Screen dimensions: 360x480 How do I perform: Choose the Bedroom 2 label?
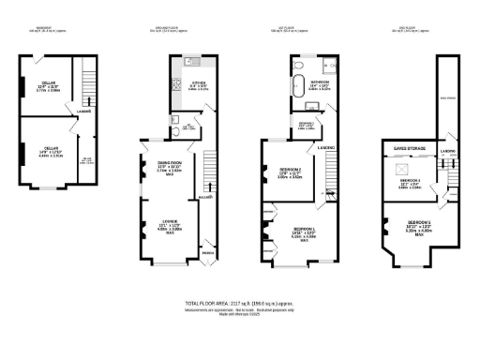tap(290, 170)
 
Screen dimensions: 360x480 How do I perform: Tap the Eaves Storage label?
tap(411, 146)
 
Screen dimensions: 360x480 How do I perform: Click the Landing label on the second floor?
tap(448, 151)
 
